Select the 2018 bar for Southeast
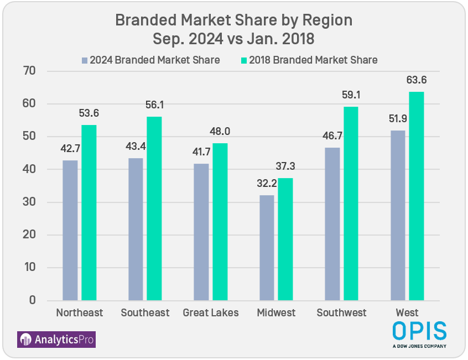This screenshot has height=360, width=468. click(154, 208)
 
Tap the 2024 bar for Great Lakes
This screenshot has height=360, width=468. click(201, 232)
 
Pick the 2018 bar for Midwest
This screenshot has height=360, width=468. click(285, 239)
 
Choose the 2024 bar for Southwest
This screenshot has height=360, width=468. click(332, 223)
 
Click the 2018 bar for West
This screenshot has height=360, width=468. click(417, 196)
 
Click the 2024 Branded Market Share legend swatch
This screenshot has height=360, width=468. click(85, 60)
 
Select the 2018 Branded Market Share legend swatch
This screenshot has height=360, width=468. click(244, 60)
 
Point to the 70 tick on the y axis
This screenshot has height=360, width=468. click(29, 71)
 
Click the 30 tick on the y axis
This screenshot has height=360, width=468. click(29, 202)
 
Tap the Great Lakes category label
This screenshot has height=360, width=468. click(211, 313)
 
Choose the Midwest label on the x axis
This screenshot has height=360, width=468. click(276, 313)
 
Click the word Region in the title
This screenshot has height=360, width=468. click(326, 20)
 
